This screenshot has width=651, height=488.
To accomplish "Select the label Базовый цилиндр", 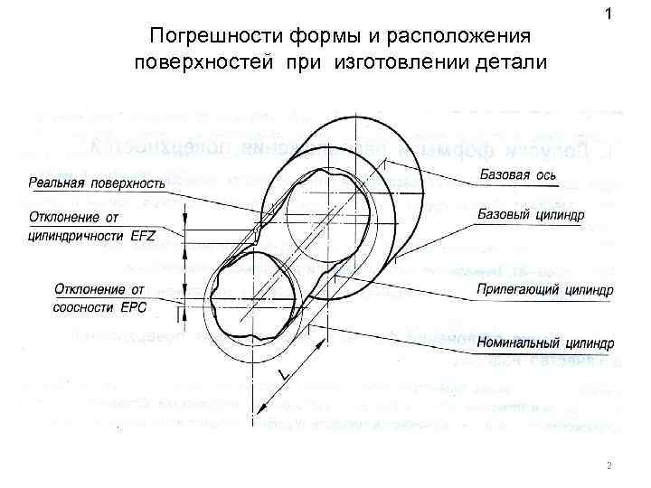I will point(531,215).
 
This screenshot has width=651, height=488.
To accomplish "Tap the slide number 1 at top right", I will point(609,14).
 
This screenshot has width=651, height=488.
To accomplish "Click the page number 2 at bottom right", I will point(609,466).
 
